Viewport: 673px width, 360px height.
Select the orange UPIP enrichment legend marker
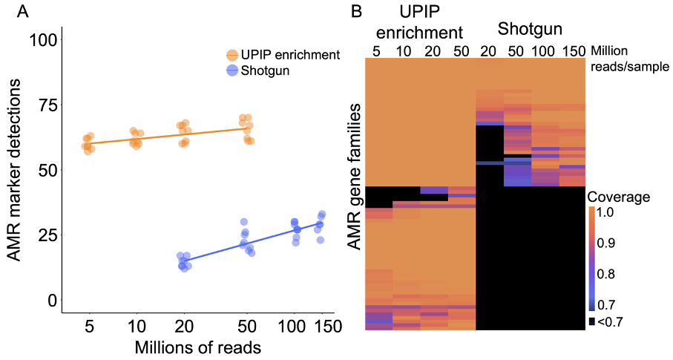coord(232,56)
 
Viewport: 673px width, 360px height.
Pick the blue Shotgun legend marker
coord(232,71)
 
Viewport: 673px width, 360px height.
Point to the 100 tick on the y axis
coord(42,39)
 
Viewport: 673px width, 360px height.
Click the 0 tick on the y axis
coord(51,301)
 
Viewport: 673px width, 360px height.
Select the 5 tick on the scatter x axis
coord(89,325)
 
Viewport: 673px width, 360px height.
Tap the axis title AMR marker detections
coord(15,170)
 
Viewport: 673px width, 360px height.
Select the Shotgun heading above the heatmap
coord(529,30)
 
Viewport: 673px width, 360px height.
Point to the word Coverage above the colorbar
coord(620,197)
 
